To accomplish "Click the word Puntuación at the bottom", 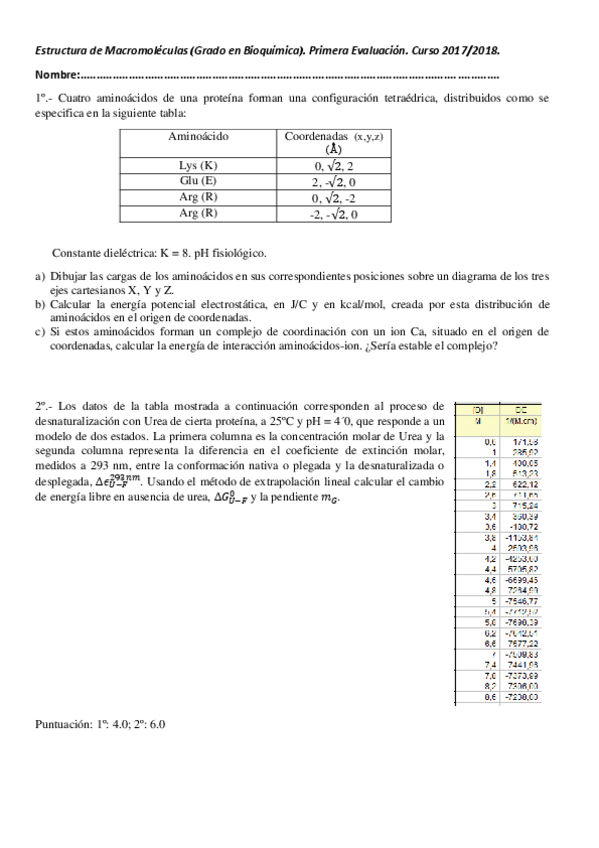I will [61, 723].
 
